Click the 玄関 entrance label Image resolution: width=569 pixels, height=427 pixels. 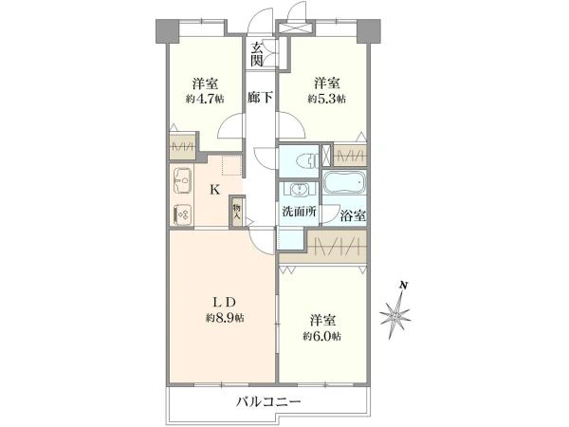pyautogui.click(x=257, y=54)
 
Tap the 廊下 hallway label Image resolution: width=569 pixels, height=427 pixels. pyautogui.click(x=260, y=97)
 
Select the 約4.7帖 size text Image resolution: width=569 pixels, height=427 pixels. pyautogui.click(x=205, y=99)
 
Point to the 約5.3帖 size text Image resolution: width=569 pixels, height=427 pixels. pyautogui.click(x=327, y=99)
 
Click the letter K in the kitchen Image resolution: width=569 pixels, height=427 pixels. pyautogui.click(x=215, y=189)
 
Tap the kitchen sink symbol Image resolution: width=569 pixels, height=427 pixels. pyautogui.click(x=182, y=180)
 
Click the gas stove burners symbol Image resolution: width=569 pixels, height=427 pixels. pyautogui.click(x=182, y=214)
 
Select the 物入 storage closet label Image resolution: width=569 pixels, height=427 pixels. pyautogui.click(x=237, y=212)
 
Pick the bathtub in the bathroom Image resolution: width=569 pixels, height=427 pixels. pyautogui.click(x=343, y=182)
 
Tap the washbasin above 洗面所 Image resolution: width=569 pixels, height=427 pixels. pyautogui.click(x=299, y=189)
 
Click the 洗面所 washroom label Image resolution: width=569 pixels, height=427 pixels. pyautogui.click(x=300, y=212)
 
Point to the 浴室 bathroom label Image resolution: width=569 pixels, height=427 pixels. pyautogui.click(x=353, y=216)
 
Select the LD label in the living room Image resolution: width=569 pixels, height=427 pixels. pyautogui.click(x=225, y=302)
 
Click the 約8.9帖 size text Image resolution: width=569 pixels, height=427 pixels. pyautogui.click(x=225, y=319)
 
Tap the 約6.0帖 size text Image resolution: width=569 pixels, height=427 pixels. pyautogui.click(x=322, y=337)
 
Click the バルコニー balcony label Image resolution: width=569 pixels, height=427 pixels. pyautogui.click(x=269, y=402)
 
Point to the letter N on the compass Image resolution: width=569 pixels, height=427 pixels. pyautogui.click(x=402, y=285)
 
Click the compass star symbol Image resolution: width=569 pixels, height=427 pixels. pyautogui.click(x=395, y=316)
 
